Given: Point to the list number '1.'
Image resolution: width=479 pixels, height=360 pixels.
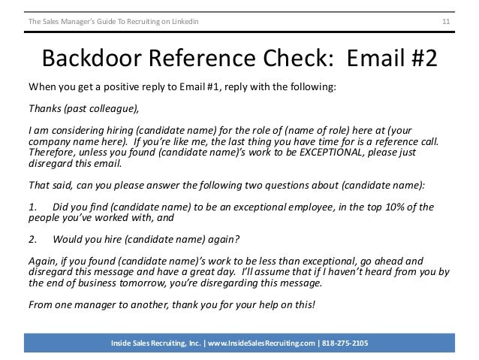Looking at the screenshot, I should [x=32, y=207].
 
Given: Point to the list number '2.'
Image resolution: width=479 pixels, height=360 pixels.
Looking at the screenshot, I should [x=32, y=240].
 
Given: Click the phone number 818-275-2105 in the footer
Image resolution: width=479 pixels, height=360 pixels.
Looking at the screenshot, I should [x=347, y=343].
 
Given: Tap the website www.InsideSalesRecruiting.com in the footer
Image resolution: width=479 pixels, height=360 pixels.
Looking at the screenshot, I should [x=255, y=343].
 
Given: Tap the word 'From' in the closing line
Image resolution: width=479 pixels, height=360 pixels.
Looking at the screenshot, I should [x=38, y=305].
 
